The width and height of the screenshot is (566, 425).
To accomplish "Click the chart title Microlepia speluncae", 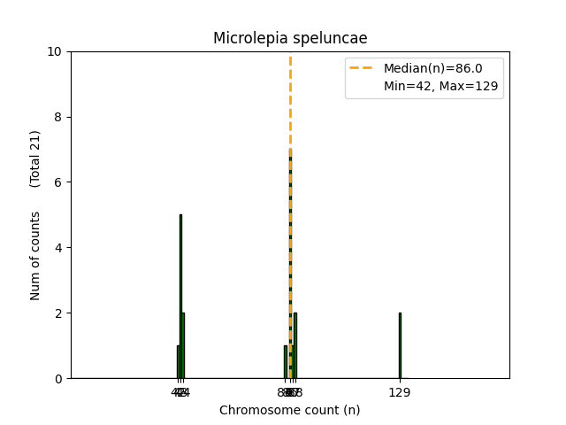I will pyautogui.click(x=289, y=38).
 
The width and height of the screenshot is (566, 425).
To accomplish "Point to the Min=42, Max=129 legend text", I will pyautogui.click(x=440, y=86).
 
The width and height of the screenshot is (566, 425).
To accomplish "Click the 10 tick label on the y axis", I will pyautogui.click(x=55, y=51).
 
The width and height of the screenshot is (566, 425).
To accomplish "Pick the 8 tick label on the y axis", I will pyautogui.click(x=58, y=117).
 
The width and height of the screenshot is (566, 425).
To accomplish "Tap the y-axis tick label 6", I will pyautogui.click(x=58, y=182).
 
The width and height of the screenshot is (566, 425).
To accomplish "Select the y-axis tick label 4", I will pyautogui.click(x=58, y=248).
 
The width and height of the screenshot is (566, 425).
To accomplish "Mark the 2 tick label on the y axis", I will pyautogui.click(x=58, y=313).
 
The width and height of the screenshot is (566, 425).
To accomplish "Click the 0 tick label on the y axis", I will pyautogui.click(x=58, y=378).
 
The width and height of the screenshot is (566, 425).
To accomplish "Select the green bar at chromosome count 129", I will pyautogui.click(x=400, y=345).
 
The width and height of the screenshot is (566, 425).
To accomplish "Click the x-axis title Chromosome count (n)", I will pyautogui.click(x=289, y=410).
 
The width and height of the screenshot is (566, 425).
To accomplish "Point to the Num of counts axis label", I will pyautogui.click(x=35, y=256).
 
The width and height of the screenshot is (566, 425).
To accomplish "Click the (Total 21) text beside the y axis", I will pyautogui.click(x=35, y=158).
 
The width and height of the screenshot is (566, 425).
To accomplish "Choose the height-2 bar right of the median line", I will pyautogui.click(x=295, y=345).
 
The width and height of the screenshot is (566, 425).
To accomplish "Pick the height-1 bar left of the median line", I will pyautogui.click(x=285, y=362).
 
